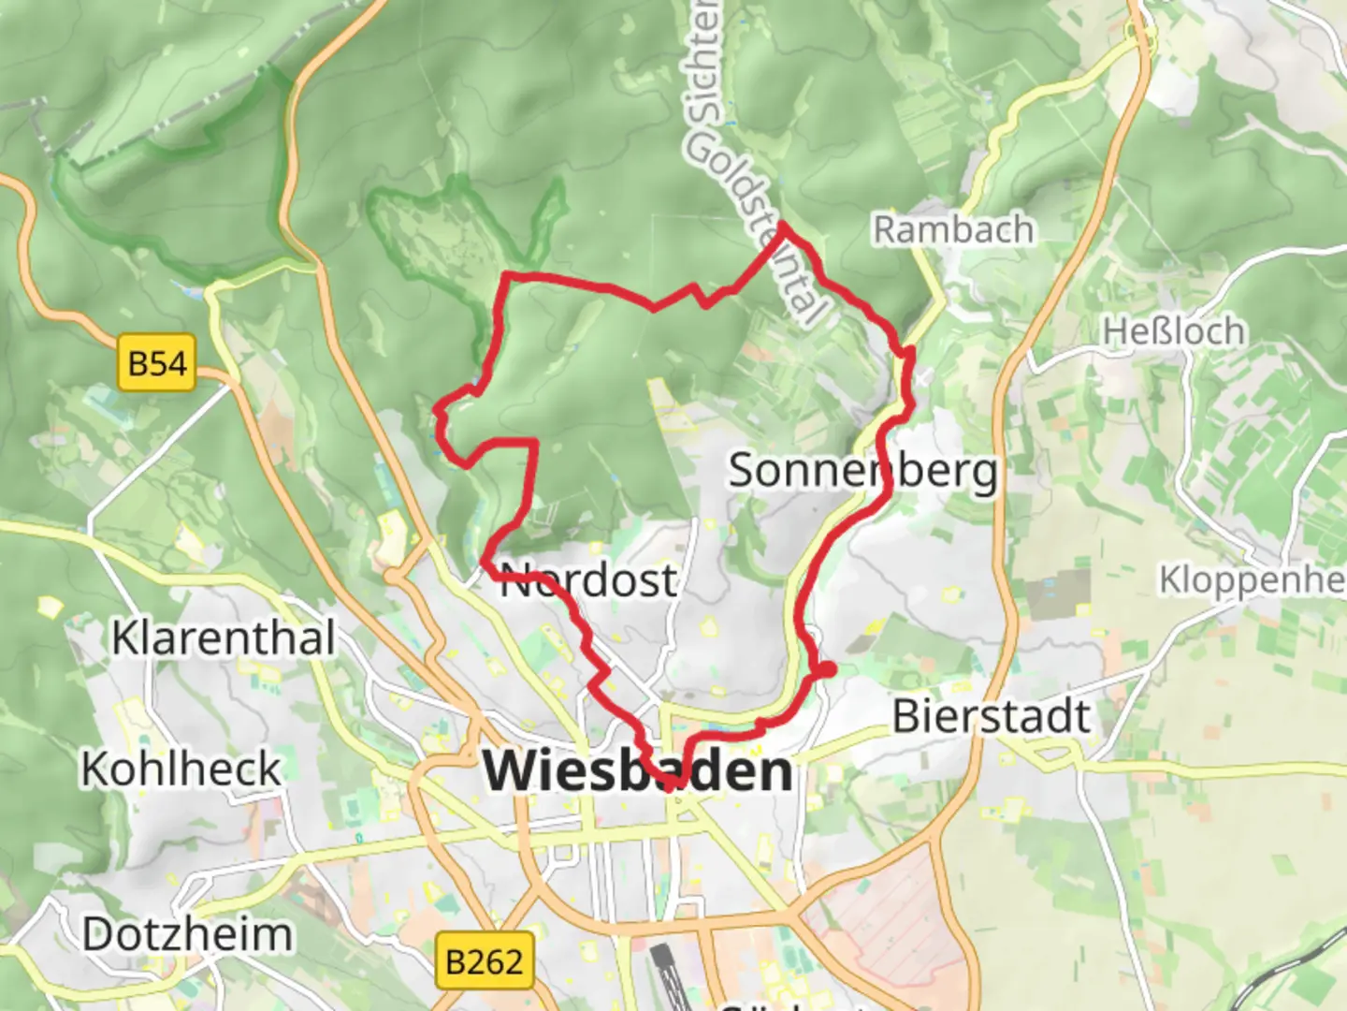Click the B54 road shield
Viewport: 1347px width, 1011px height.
157,362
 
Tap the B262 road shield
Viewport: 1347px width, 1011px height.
484,960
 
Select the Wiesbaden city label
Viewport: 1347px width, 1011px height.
638,772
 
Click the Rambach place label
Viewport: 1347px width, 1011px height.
953,229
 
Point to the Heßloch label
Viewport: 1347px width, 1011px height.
1174,331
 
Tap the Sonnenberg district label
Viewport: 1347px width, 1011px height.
862,470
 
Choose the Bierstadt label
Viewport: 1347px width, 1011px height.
992,717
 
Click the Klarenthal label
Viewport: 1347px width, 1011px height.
223,638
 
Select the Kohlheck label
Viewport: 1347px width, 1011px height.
181,769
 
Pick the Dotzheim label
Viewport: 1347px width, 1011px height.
187,934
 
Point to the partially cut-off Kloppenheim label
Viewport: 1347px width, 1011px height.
1252,579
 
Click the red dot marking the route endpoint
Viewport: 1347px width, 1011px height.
826,669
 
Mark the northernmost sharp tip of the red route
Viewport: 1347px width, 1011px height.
781,226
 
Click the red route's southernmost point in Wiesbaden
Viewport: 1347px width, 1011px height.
673,784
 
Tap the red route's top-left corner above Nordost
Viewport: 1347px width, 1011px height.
507,275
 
